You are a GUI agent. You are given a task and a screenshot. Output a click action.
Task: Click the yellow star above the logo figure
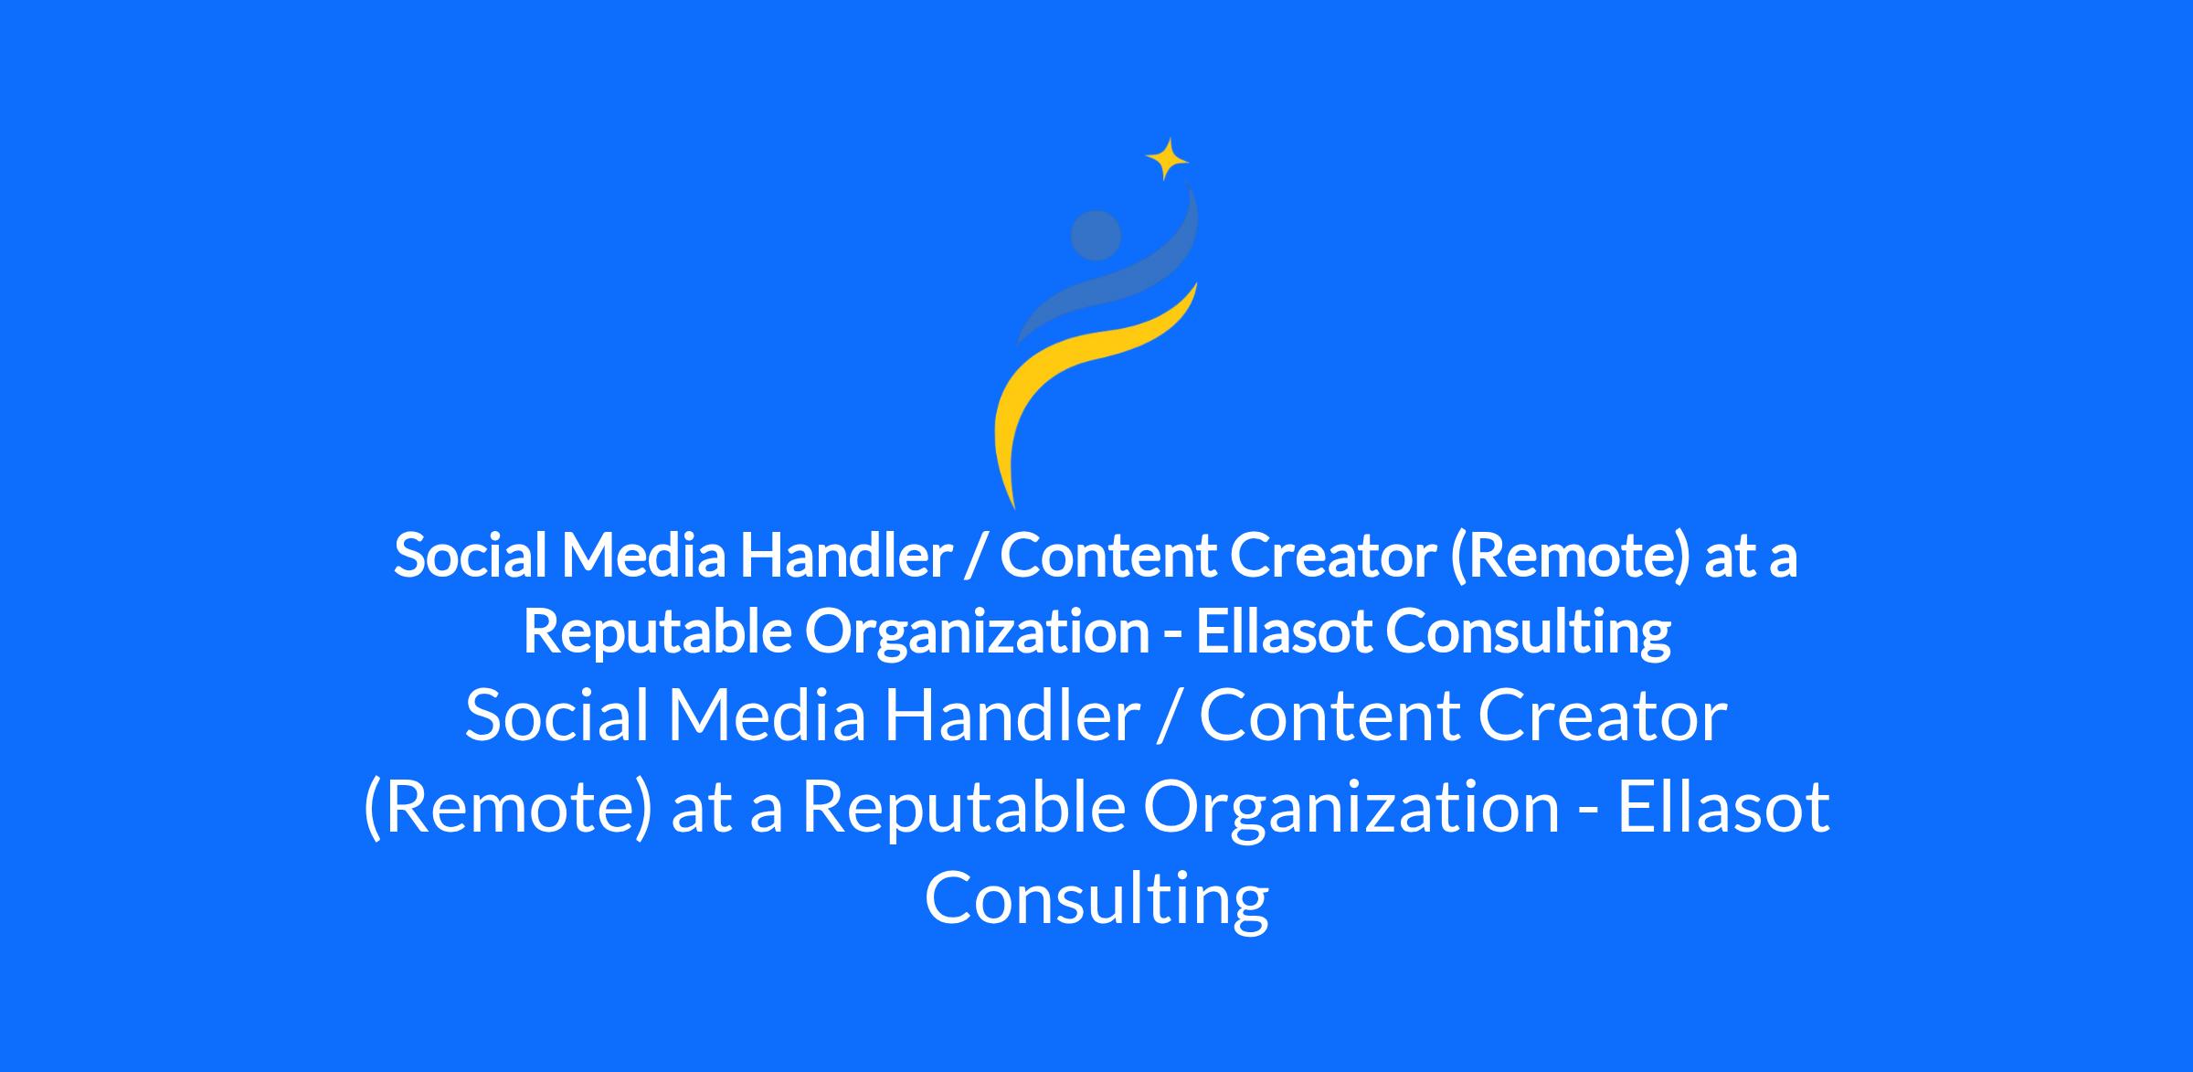pyautogui.click(x=1167, y=160)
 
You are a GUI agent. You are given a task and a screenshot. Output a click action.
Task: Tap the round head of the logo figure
pyautogui.click(x=1096, y=236)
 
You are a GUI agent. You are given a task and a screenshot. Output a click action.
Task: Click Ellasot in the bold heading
pyautogui.click(x=1284, y=631)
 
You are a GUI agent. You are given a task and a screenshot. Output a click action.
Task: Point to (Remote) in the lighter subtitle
pyautogui.click(x=509, y=807)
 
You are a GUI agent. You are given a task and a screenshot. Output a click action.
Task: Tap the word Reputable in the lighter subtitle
pyautogui.click(x=963, y=807)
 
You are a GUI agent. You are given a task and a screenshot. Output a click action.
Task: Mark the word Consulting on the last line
pyautogui.click(x=1096, y=898)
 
